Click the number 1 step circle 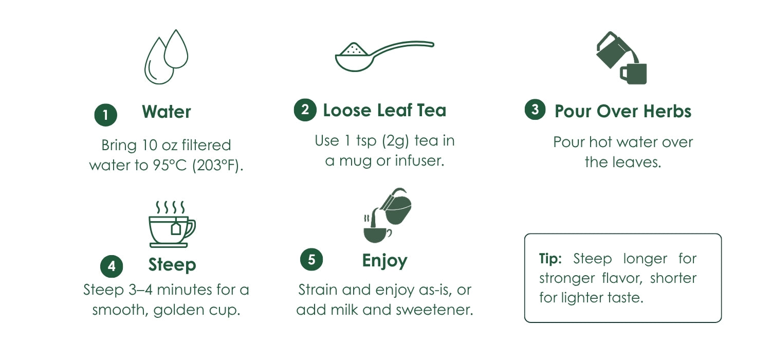click(106, 115)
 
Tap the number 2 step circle click(305, 110)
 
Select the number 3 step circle click(535, 109)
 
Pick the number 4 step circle click(112, 266)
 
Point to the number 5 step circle click(311, 259)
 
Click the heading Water click(167, 112)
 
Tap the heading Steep click(172, 265)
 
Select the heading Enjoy click(385, 261)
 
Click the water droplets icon click(167, 57)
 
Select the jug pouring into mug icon click(621, 58)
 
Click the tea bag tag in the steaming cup click(176, 228)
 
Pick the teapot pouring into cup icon click(388, 215)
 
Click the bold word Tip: click(550, 258)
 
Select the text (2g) click(395, 141)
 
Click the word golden click(179, 310)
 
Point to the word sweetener click(434, 310)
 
